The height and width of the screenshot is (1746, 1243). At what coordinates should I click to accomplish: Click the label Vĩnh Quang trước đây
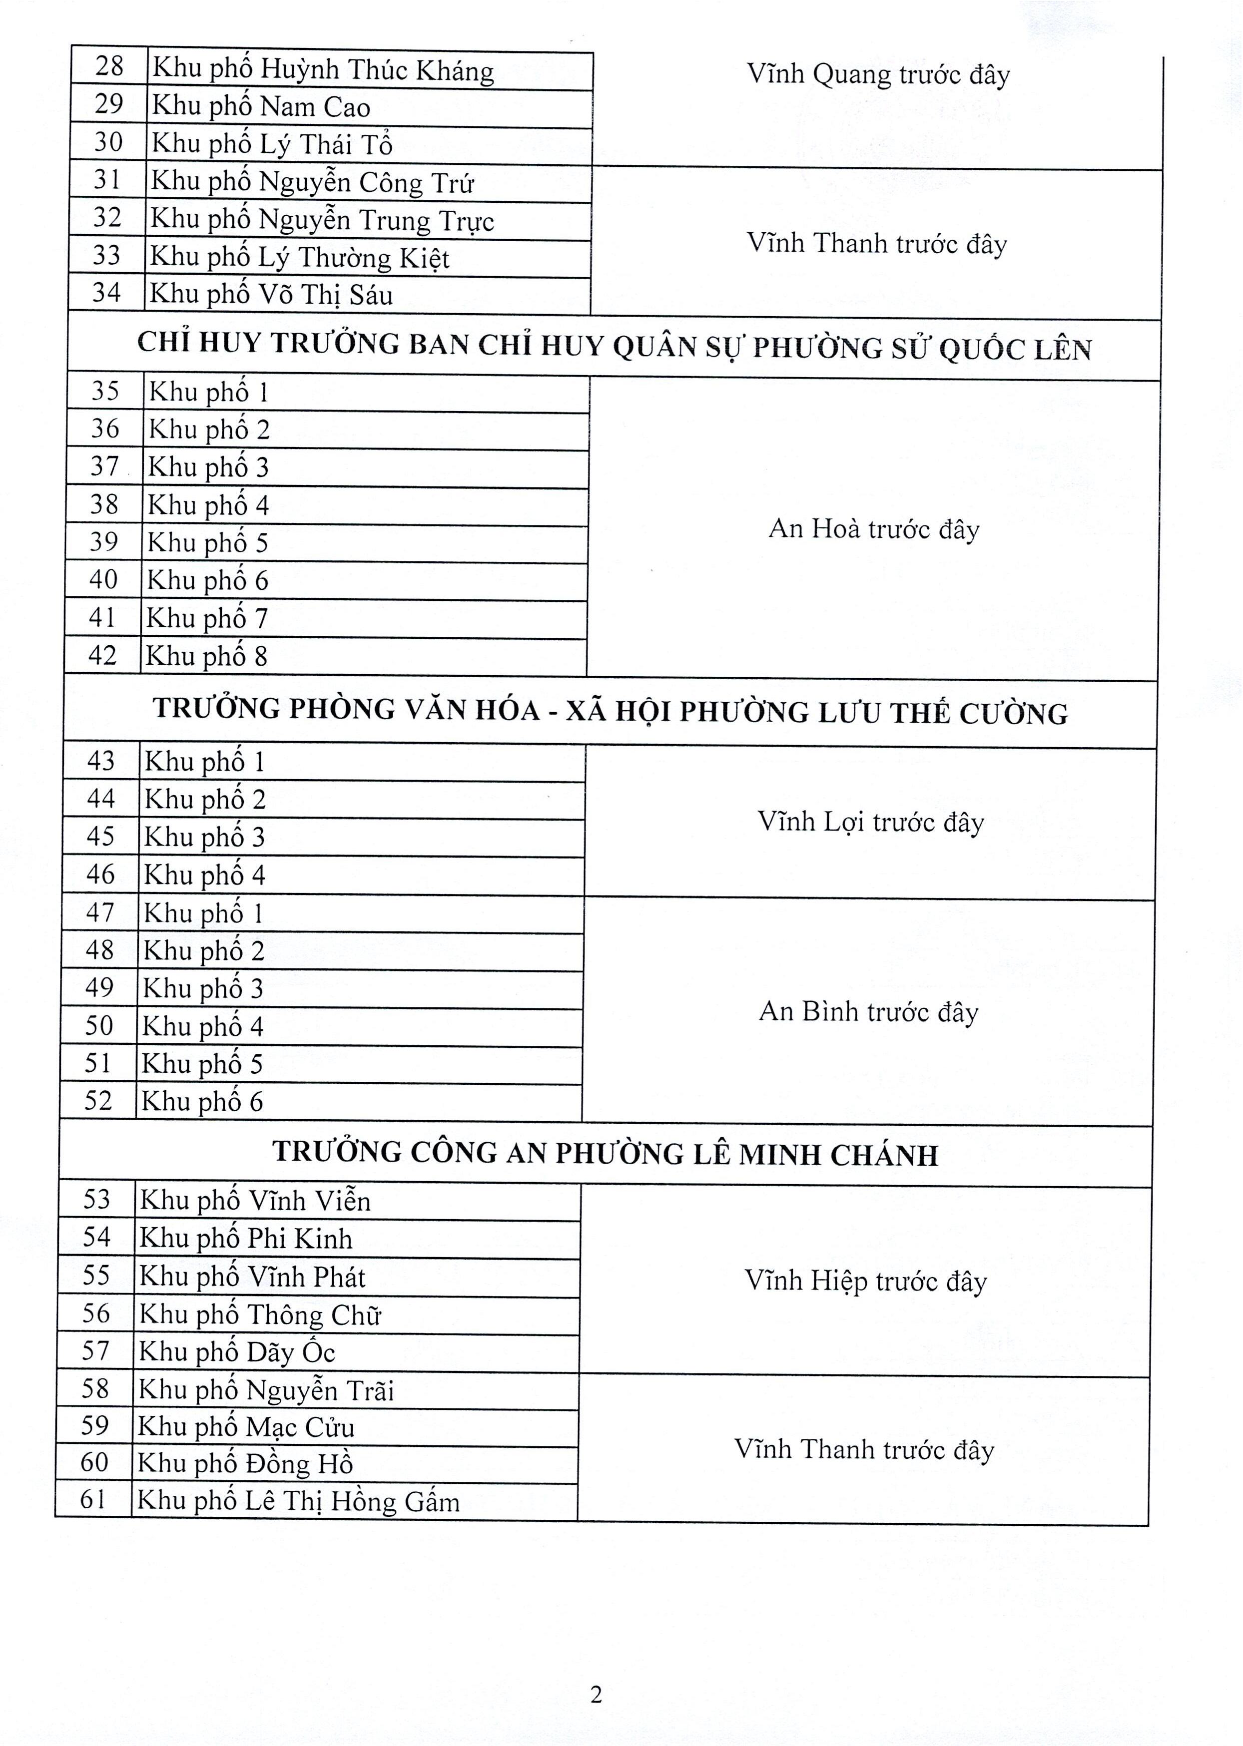[878, 74]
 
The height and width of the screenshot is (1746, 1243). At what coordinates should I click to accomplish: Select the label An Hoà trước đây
[873, 529]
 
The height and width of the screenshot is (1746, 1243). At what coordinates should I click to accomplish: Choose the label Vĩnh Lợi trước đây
[870, 822]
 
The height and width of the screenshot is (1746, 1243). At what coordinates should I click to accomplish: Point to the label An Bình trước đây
[868, 1011]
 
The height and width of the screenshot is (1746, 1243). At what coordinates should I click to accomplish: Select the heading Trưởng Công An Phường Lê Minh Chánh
[605, 1154]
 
